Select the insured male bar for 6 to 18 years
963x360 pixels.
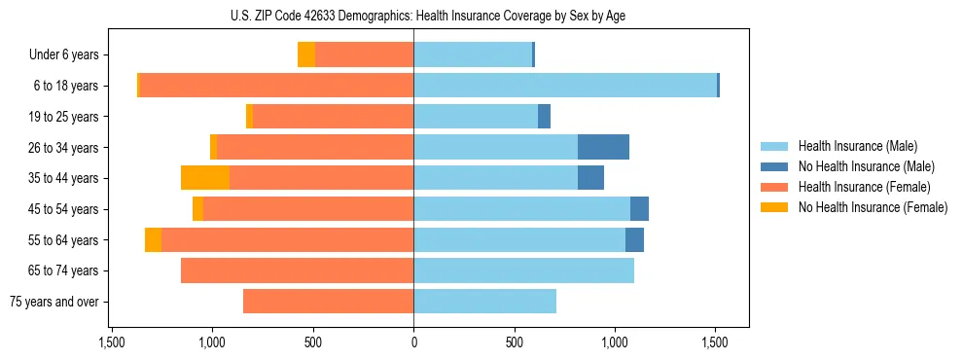click(565, 86)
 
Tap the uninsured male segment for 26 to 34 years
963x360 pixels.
click(603, 147)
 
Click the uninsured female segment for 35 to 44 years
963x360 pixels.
click(205, 178)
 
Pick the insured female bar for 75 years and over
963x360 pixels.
click(328, 302)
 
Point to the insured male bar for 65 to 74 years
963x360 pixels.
click(523, 270)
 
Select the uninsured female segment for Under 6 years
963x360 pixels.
click(306, 54)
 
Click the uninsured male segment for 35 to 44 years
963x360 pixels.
click(590, 178)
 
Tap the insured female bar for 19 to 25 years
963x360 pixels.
click(333, 117)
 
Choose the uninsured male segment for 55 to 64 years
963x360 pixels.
click(634, 239)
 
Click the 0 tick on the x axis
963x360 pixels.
click(413, 342)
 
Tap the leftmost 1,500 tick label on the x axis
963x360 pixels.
click(112, 342)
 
